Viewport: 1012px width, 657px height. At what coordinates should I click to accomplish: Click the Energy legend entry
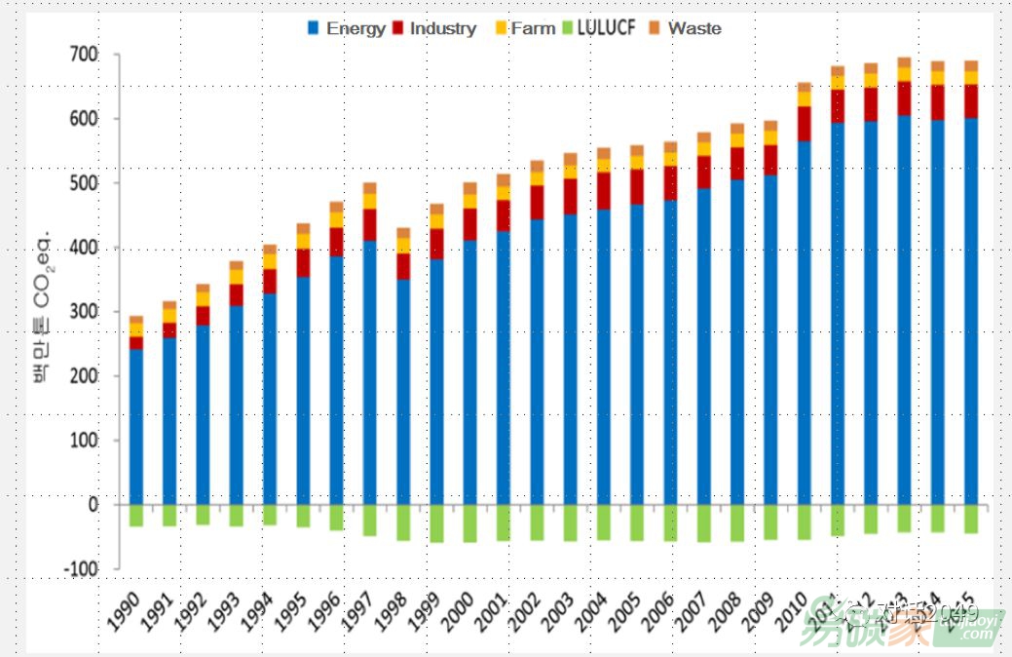347,28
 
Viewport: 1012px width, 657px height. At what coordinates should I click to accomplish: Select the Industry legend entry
433,28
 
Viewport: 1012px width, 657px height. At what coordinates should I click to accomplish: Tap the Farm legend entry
524,28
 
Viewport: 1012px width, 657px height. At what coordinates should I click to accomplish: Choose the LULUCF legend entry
596,28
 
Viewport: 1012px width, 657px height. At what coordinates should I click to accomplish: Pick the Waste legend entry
686,28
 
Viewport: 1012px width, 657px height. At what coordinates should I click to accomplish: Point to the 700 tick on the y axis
84,55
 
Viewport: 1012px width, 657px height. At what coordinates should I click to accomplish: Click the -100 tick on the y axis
81,568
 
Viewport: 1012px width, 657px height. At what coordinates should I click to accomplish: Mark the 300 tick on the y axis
84,312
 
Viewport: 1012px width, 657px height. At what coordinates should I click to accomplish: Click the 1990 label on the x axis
124,616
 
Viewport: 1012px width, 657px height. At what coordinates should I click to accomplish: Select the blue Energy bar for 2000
470,371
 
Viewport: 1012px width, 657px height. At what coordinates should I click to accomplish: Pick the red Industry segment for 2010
805,124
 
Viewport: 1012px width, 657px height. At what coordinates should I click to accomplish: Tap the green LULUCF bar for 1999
437,523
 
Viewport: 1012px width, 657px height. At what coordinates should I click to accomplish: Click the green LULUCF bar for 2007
704,523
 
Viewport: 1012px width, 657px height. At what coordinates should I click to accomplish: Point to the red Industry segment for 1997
370,224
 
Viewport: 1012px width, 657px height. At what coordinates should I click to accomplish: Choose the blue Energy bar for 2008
737,341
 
